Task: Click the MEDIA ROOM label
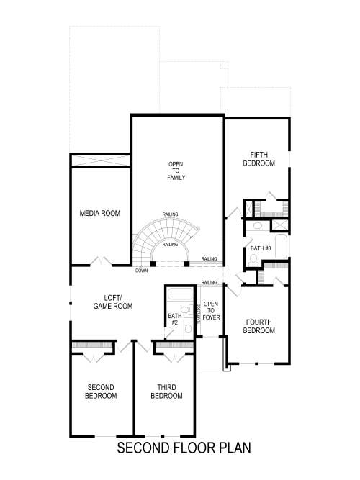click(x=100, y=214)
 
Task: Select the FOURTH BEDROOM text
click(x=260, y=326)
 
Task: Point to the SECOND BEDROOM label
click(x=101, y=391)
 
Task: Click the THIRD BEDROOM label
click(x=166, y=391)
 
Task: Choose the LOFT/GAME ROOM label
click(x=113, y=302)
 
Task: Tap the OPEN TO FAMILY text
click(x=177, y=170)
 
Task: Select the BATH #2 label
click(x=173, y=319)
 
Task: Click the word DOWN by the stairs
click(x=141, y=271)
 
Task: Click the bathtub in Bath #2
click(x=177, y=294)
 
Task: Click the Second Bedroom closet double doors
click(x=92, y=355)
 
